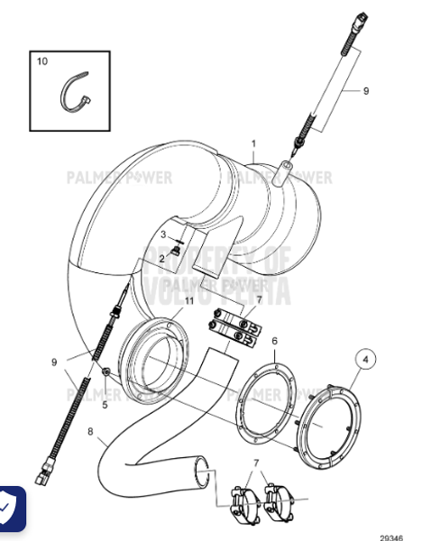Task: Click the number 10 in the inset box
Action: (x=41, y=61)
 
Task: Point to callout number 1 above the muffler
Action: (x=253, y=143)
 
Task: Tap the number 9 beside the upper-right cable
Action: (x=366, y=91)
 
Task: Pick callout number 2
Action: (x=161, y=259)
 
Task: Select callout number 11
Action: (x=189, y=300)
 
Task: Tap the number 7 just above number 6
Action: (x=259, y=300)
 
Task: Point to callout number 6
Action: (x=275, y=341)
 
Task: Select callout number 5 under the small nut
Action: (x=105, y=405)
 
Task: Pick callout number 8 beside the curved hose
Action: (x=90, y=431)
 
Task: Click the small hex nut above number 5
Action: (x=106, y=371)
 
